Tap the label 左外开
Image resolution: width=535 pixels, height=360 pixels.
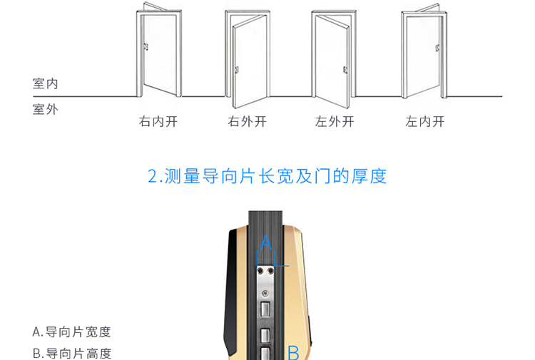(x=335, y=121)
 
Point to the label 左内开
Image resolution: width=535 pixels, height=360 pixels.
(x=424, y=121)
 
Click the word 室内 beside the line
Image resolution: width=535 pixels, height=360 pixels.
(x=46, y=84)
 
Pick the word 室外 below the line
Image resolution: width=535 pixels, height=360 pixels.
(x=46, y=109)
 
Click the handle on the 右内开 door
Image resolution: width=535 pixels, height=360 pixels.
(x=146, y=48)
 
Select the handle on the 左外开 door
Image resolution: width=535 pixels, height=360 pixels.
(x=345, y=70)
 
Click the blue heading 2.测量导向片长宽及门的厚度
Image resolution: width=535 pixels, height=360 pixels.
(x=267, y=176)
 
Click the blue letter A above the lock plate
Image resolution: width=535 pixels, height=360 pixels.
(x=265, y=242)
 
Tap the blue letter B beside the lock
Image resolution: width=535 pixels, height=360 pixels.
(x=293, y=351)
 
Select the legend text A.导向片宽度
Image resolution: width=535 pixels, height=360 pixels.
(x=72, y=331)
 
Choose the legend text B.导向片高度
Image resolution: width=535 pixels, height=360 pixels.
(x=72, y=353)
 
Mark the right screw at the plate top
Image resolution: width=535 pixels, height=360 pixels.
(x=271, y=272)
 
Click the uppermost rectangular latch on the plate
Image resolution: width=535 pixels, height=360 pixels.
(x=265, y=309)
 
